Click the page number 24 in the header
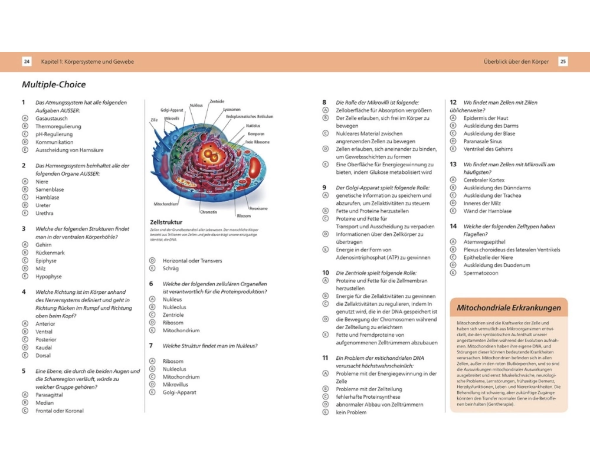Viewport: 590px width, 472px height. click(27, 61)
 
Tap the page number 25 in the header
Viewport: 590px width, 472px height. click(563, 61)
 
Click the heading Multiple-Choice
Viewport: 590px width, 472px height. click(54, 84)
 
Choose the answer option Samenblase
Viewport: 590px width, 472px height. click(50, 189)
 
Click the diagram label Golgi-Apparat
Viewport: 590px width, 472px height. click(172, 110)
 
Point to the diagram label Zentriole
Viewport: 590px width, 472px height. click(217, 101)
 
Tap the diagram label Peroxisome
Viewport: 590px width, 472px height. click(258, 208)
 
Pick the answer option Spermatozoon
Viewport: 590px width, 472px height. click(481, 273)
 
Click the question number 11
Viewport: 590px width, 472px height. click(325, 358)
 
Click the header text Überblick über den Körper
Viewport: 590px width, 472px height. click(516, 61)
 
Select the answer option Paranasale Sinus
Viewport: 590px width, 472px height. click(483, 141)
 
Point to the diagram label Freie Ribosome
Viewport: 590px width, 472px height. click(258, 142)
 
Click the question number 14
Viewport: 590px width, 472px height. click(453, 226)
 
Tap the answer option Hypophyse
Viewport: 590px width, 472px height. click(49, 276)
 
